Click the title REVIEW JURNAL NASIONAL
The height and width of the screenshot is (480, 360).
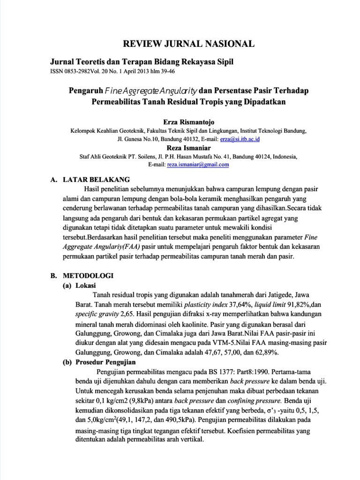(188, 44)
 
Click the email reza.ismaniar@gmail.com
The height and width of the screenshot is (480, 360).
(200, 165)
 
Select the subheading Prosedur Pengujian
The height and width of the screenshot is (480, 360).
(105, 362)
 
